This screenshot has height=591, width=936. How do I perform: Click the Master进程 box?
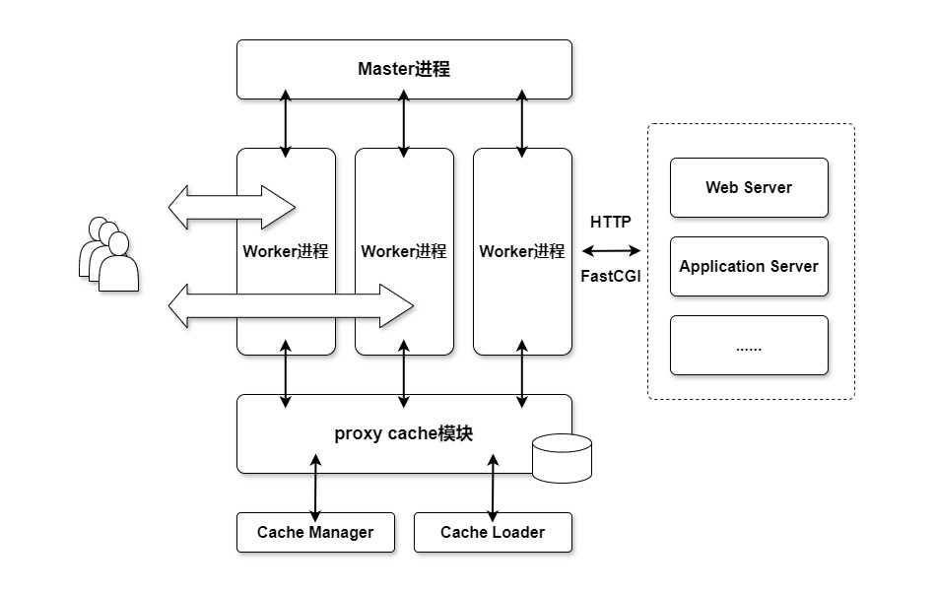404,69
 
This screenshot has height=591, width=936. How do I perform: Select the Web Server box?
749,187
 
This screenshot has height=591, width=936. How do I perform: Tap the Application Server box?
749,266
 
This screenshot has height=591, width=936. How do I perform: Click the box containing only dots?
749,345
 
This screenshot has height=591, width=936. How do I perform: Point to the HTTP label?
611,222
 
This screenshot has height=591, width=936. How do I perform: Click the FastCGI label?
611,277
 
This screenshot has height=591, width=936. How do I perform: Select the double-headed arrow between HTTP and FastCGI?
611,251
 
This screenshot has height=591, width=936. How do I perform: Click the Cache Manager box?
315,533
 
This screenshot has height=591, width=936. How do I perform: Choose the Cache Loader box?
493,533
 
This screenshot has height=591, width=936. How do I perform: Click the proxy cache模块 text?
404,433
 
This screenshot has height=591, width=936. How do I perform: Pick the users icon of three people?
107,255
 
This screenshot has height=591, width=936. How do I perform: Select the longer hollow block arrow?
291,305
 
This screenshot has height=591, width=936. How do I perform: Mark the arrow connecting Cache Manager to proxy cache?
315,488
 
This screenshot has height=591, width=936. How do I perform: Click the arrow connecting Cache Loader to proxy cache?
493,488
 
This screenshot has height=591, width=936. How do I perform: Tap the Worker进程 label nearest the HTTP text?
522,251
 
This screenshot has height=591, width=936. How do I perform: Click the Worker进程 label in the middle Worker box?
404,251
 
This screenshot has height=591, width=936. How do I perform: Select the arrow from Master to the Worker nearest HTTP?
522,123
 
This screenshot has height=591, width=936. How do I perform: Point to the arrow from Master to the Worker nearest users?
286,123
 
